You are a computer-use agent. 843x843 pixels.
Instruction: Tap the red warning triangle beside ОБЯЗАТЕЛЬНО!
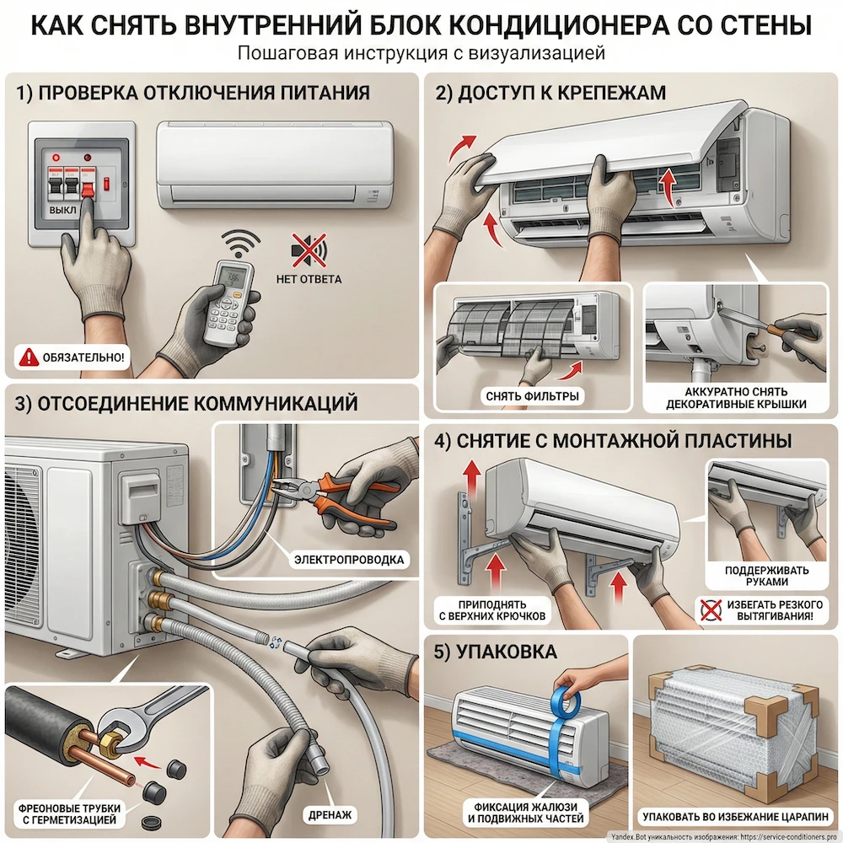tap(28, 357)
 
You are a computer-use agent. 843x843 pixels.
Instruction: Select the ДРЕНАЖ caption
tap(330, 815)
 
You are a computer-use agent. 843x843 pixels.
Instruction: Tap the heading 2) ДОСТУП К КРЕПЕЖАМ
tap(550, 94)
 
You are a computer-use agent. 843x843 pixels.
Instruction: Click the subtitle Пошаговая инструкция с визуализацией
tap(421, 53)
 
